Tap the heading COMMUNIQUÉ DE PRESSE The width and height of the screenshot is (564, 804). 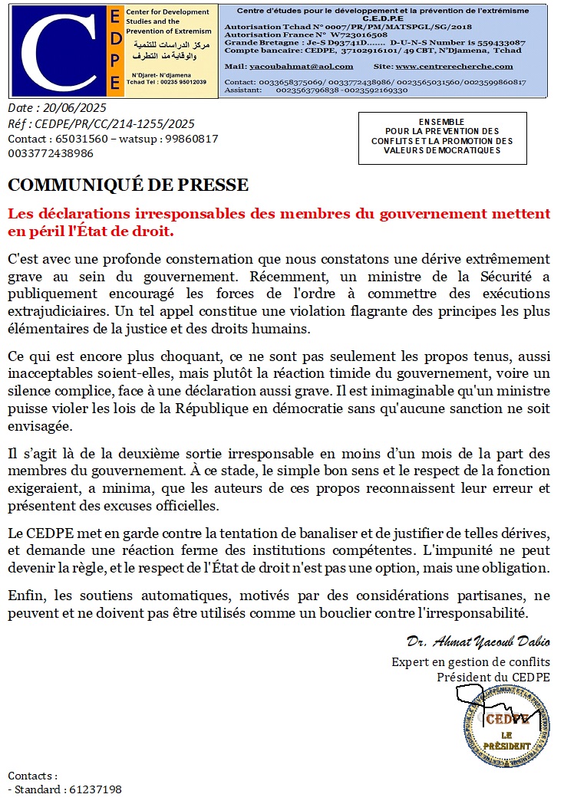pyautogui.click(x=128, y=185)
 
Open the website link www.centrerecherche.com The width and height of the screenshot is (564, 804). pyautogui.click(x=465, y=67)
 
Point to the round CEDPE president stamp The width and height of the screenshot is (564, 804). pyautogui.click(x=506, y=727)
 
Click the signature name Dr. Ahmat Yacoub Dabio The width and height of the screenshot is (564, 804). pyautogui.click(x=478, y=641)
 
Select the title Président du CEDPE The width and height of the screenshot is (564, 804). pyautogui.click(x=493, y=677)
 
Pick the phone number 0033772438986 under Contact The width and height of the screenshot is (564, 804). pyautogui.click(x=51, y=153)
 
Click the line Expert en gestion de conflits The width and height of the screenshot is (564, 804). pyautogui.click(x=470, y=662)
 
